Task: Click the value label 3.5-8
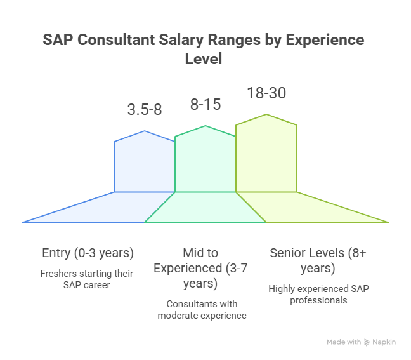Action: click(x=145, y=109)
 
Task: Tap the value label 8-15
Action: click(x=205, y=103)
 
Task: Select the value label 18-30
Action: click(x=266, y=93)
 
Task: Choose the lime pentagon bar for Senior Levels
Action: click(x=266, y=156)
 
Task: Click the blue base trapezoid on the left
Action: click(x=95, y=208)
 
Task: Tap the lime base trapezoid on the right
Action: click(x=317, y=208)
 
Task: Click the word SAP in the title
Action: click(x=56, y=40)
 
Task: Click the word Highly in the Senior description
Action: click(x=284, y=289)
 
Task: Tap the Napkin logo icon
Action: click(x=367, y=342)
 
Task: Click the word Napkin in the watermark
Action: click(x=385, y=342)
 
